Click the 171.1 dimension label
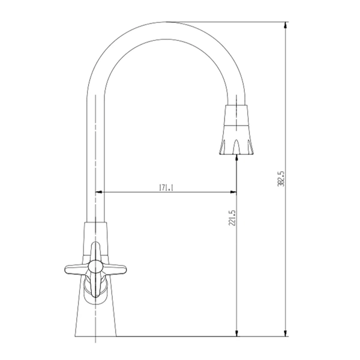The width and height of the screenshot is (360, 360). tap(166, 188)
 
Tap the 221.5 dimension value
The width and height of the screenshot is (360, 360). tap(232, 218)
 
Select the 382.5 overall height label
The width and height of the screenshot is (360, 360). tap(281, 179)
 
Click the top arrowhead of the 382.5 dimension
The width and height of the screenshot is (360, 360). tap(286, 25)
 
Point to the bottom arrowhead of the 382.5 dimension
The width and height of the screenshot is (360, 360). tap(286, 333)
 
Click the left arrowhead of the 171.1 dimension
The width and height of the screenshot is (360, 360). tap(99, 192)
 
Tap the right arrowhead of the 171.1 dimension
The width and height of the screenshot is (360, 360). tap(233, 192)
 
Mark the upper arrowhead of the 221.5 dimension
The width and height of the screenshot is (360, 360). tap(237, 158)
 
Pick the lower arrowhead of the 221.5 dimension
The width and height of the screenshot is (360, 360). tap(237, 333)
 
